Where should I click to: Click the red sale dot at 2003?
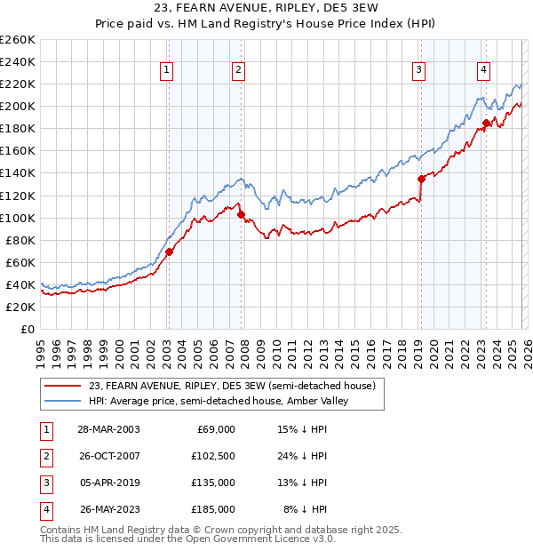pos(169,252)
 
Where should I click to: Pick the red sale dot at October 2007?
pos(241,214)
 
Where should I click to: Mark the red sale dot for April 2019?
pos(421,179)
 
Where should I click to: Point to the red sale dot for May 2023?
pos(486,123)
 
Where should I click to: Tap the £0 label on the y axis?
pos(28,329)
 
